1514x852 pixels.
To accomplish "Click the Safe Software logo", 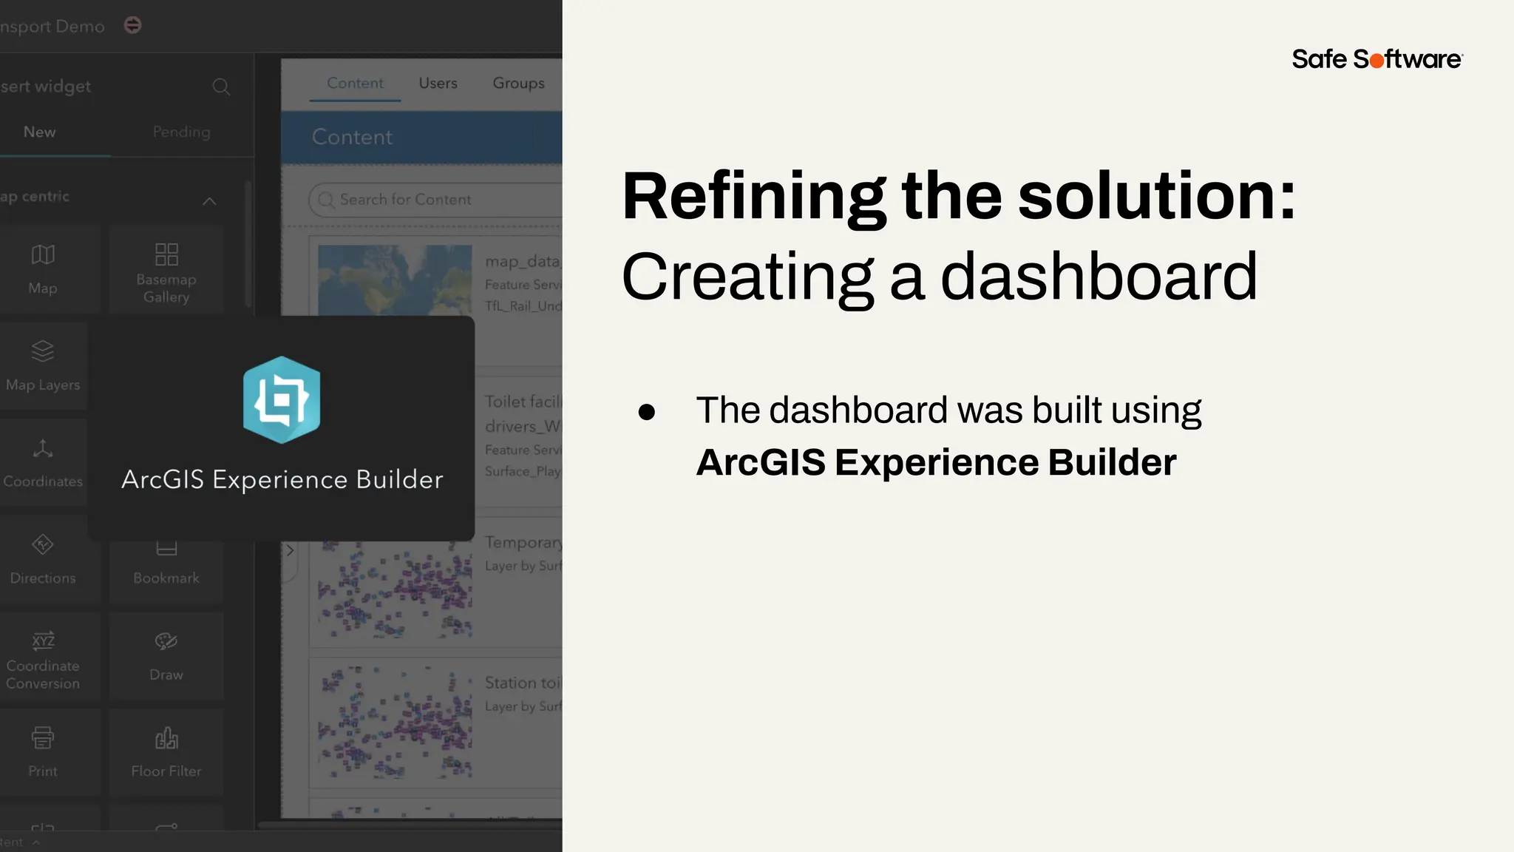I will click(x=1376, y=59).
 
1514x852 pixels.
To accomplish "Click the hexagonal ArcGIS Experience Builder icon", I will click(x=282, y=400).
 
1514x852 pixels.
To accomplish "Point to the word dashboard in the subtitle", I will click(x=1099, y=277).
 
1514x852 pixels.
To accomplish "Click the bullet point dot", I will click(x=647, y=412).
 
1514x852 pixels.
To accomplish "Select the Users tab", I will click(x=438, y=83).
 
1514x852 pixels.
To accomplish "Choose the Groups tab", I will click(x=518, y=83).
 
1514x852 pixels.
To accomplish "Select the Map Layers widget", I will click(x=43, y=365).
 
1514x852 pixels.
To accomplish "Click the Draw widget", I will click(x=166, y=655).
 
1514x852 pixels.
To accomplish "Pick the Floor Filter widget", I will click(x=166, y=751).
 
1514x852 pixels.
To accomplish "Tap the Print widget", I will click(x=43, y=751).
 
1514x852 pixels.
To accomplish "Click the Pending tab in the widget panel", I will click(x=181, y=132).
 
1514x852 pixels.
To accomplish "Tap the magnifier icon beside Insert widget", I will click(x=220, y=87).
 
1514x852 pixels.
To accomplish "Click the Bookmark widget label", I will click(x=166, y=578).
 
